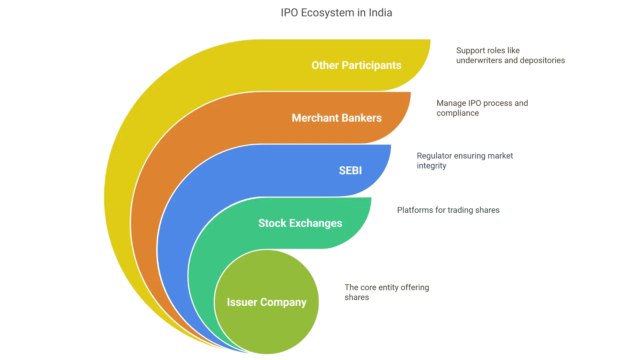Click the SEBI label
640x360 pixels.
tap(350, 171)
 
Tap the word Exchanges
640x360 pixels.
tap(316, 223)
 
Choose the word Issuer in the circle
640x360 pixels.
tap(242, 302)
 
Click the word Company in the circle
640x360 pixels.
tap(283, 302)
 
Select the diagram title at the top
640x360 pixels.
tap(337, 12)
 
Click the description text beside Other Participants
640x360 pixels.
tap(510, 55)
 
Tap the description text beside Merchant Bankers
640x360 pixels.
tap(481, 108)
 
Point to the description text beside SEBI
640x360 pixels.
tap(465, 161)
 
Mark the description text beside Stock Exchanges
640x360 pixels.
tap(449, 211)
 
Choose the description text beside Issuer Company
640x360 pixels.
tap(386, 292)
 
